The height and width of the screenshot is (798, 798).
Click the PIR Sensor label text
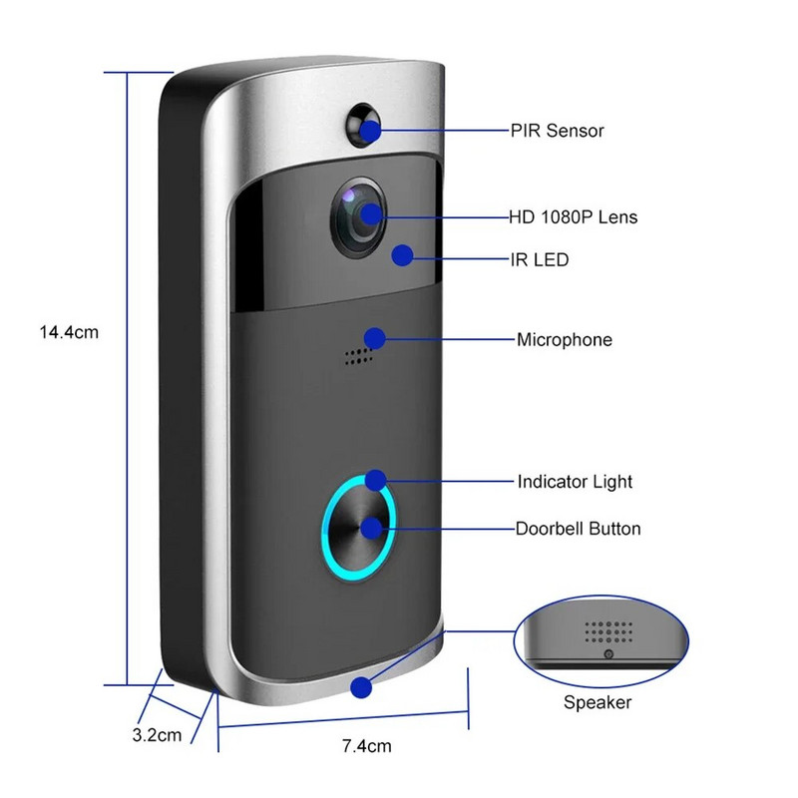tap(557, 131)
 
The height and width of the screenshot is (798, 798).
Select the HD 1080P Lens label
tap(573, 216)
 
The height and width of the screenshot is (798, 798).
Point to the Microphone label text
tap(564, 340)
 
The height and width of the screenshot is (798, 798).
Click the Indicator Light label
tap(575, 482)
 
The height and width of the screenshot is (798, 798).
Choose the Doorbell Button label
tap(578, 529)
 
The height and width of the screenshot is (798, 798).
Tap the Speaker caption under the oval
tap(598, 703)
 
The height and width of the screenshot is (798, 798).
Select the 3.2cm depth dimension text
tap(157, 736)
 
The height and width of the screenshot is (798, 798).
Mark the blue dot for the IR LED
tap(402, 256)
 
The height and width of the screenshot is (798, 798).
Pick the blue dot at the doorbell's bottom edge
tap(361, 687)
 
